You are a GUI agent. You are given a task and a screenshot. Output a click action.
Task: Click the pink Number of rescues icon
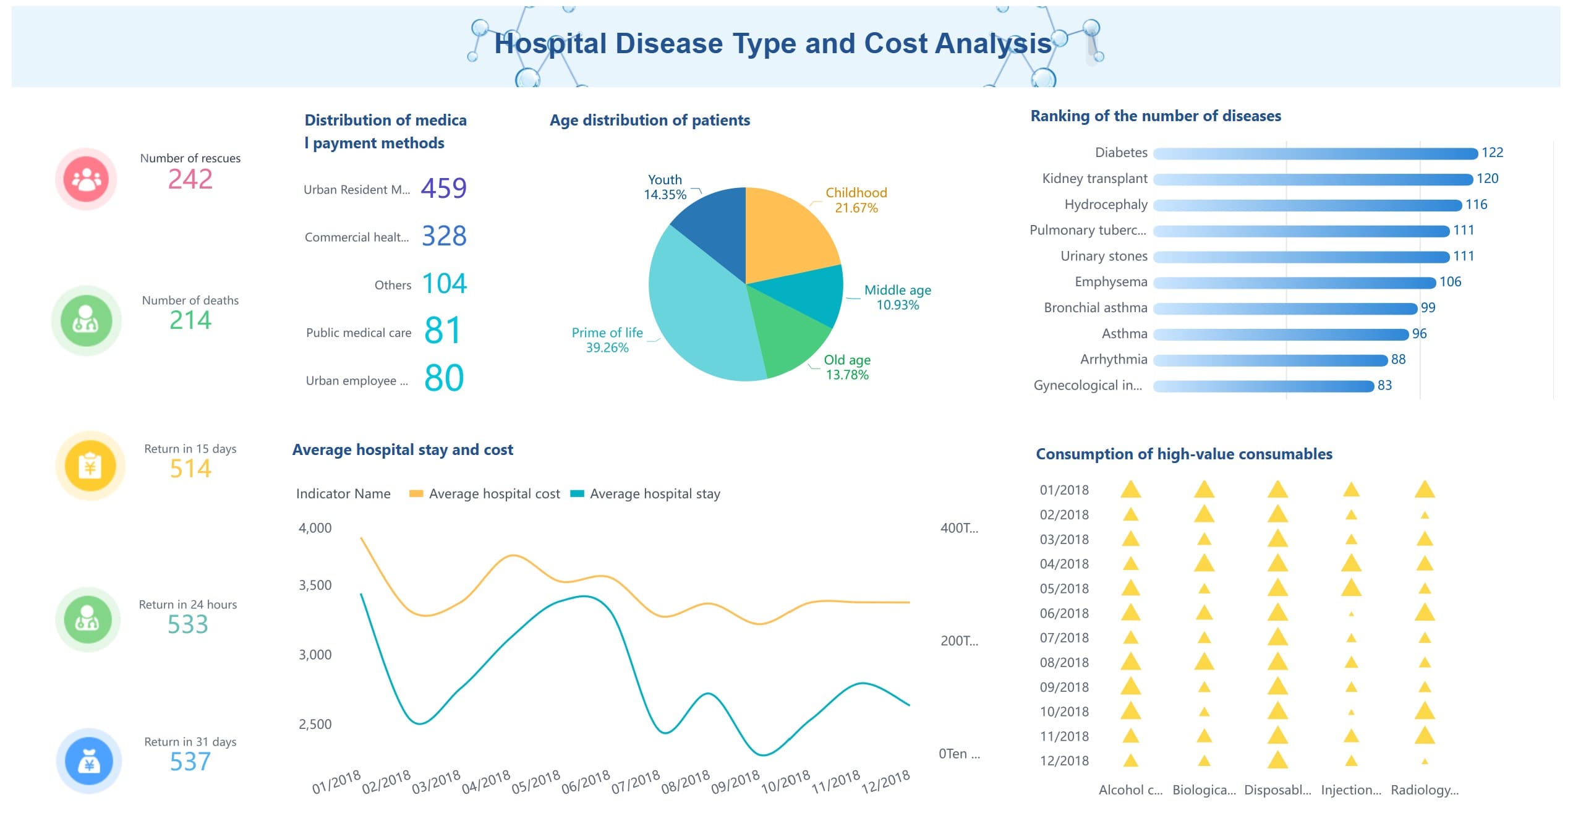86,179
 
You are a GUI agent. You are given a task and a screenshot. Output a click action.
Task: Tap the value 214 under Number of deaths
190,320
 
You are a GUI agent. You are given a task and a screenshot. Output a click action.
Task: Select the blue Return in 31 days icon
89,761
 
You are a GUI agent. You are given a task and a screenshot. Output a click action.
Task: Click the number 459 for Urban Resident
443,188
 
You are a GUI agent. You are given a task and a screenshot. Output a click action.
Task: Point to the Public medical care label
359,333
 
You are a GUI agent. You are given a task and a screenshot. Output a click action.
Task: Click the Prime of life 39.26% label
607,340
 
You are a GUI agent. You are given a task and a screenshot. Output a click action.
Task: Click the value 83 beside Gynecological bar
1384,385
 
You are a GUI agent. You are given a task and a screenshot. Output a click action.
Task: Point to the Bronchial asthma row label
1095,308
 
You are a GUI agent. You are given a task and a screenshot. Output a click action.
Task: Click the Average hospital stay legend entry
646,493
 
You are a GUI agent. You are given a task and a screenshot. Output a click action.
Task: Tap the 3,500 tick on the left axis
315,585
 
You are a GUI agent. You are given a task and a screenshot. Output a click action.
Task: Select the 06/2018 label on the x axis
585,782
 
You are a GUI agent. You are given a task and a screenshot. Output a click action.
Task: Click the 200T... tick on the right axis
959,641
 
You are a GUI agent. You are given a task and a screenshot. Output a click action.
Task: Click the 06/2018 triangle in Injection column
1351,614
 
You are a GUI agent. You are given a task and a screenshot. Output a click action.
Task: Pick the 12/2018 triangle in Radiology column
1425,762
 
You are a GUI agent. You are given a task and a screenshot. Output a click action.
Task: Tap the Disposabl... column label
1277,790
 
